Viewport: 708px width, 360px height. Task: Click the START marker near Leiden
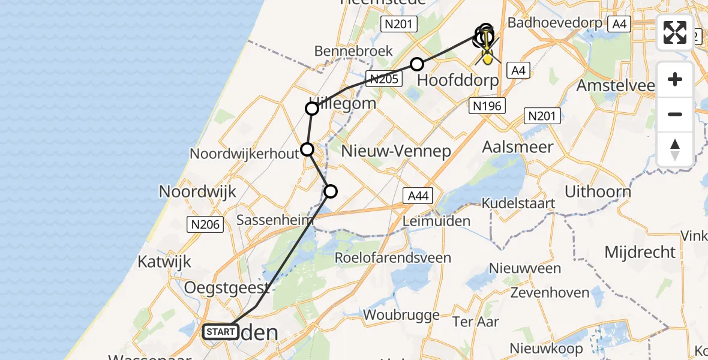(221, 331)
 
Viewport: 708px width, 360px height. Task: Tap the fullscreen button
(675, 32)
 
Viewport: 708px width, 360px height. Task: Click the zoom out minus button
(675, 115)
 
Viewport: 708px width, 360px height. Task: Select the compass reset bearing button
(675, 149)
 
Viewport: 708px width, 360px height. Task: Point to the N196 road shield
(487, 106)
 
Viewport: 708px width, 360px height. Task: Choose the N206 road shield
(205, 224)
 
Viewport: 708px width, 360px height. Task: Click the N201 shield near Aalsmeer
(542, 116)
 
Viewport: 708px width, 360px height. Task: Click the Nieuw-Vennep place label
(395, 151)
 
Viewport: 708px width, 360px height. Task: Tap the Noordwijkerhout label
(244, 154)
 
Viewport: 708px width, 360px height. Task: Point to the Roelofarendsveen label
(394, 257)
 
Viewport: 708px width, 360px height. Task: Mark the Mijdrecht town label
(640, 252)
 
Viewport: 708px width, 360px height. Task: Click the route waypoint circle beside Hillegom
(312, 109)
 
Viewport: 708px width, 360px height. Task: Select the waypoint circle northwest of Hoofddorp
(417, 64)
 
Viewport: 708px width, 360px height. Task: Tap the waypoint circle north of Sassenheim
(331, 191)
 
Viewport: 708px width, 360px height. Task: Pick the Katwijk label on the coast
(164, 262)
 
